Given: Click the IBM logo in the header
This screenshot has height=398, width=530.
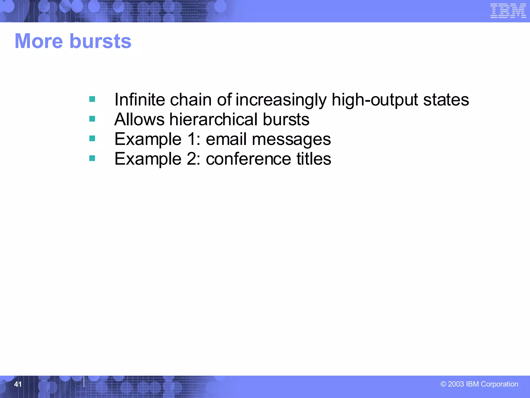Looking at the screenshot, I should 508,11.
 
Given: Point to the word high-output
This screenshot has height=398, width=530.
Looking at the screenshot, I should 375,99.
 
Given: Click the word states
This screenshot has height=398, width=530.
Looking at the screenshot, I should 446,99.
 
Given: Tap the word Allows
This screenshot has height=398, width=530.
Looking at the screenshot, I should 139,119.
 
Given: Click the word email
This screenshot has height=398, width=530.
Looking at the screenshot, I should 226,139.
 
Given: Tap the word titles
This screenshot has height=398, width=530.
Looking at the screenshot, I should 314,159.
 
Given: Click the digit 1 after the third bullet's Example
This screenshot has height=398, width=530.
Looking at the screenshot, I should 192,139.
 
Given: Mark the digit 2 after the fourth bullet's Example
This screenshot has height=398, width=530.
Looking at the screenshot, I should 192,159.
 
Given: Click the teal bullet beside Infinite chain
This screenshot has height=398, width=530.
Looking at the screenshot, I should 92,99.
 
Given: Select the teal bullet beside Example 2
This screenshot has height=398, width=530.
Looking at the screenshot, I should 92,158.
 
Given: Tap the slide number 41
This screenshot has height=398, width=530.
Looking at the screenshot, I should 18,384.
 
